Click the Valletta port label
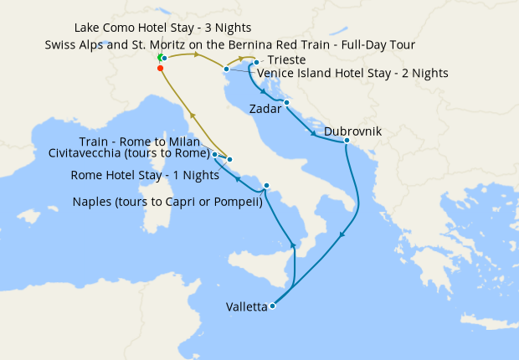tap(246, 307)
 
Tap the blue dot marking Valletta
tap(273, 306)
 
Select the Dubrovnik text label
tap(352, 131)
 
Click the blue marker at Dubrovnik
tap(347, 141)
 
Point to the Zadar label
tap(268, 109)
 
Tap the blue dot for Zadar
tap(286, 103)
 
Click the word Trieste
tap(287, 61)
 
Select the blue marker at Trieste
tap(256, 62)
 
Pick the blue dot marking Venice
tap(226, 69)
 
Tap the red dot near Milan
tap(159, 69)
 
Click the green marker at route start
tap(158, 58)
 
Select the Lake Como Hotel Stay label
tap(162, 28)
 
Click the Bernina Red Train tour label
tap(230, 44)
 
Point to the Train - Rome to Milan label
tap(140, 141)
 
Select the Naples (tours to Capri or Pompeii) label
tap(167, 202)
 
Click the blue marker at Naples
tap(266, 185)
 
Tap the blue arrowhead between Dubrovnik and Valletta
tap(342, 237)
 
